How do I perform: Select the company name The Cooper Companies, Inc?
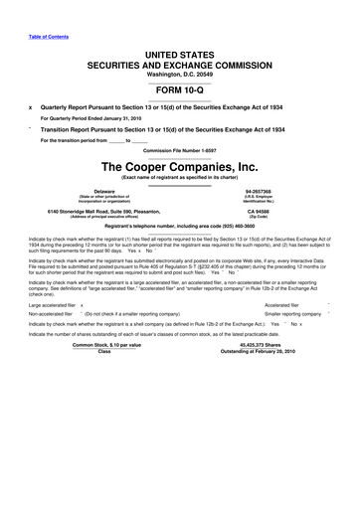coord(179,166)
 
